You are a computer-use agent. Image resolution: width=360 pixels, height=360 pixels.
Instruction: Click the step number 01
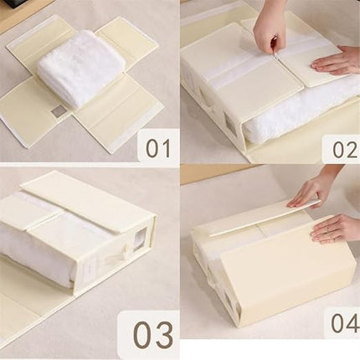click(157, 148)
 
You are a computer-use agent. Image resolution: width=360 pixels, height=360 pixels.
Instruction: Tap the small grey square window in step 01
click(58, 110)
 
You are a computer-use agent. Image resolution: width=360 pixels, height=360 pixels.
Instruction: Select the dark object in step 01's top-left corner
click(13, 7)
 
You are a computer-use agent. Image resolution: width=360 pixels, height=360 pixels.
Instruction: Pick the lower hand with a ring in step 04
click(337, 228)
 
